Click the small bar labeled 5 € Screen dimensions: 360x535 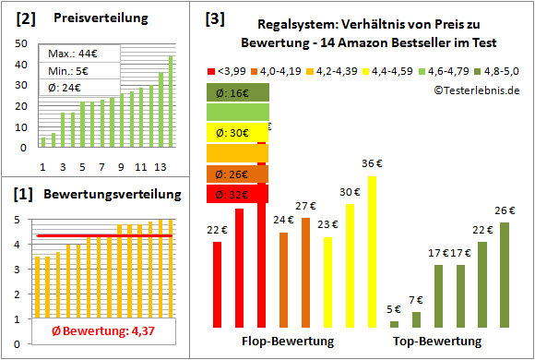(395, 324)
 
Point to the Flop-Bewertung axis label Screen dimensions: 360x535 (287, 342)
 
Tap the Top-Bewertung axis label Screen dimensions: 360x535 (438, 342)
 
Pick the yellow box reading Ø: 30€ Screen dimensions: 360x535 (237, 132)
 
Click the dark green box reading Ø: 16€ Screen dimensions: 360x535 (237, 92)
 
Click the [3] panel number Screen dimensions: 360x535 (214, 18)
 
